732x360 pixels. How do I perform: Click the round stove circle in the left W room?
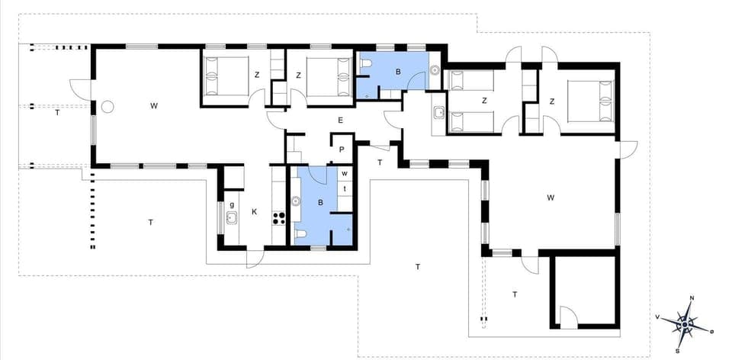[108, 107]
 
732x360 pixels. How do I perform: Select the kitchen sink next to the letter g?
[231, 218]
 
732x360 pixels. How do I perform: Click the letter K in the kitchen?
[255, 212]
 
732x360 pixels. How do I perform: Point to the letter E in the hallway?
[341, 120]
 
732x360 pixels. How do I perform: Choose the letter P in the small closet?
[342, 150]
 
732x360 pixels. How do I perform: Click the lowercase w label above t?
[345, 174]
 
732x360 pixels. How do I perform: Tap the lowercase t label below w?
[345, 189]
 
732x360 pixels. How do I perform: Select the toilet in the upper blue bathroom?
[367, 64]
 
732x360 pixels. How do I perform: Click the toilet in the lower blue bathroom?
[301, 234]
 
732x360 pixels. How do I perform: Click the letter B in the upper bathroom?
[397, 71]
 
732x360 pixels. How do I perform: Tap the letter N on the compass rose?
[691, 298]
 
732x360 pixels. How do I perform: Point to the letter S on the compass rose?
[678, 352]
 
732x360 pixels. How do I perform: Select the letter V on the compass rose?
[657, 316]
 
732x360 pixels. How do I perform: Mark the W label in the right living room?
[551, 198]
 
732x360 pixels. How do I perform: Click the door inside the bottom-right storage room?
[568, 317]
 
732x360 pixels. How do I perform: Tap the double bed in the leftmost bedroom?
[227, 76]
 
